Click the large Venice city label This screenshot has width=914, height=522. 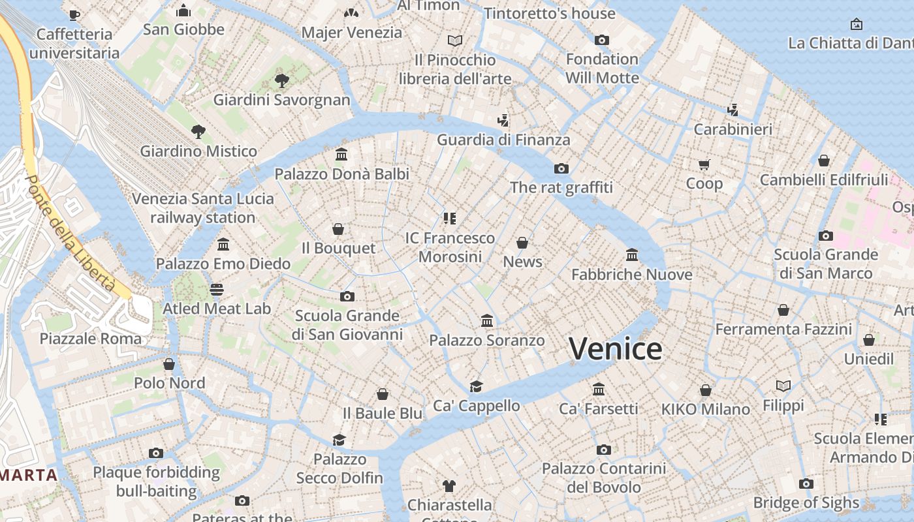[x=615, y=349]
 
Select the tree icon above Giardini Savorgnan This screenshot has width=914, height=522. [x=282, y=81]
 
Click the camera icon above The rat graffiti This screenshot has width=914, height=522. [x=561, y=169]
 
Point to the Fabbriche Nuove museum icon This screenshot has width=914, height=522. [x=632, y=255]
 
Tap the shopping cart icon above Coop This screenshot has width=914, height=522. [x=704, y=164]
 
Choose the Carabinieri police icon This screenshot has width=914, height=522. [x=733, y=110]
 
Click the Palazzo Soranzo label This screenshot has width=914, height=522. [x=486, y=341]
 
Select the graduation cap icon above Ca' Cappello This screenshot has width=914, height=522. [x=476, y=386]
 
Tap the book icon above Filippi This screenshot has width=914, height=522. [x=783, y=386]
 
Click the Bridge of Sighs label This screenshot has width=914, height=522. [x=806, y=503]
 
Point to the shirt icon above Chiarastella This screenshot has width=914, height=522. [x=449, y=485]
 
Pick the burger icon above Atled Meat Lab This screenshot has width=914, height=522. [x=217, y=289]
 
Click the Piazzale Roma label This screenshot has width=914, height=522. [x=91, y=339]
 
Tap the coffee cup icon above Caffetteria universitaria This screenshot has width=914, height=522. [x=74, y=14]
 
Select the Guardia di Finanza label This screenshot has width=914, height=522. [x=503, y=140]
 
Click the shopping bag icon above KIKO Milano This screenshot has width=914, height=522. [x=706, y=390]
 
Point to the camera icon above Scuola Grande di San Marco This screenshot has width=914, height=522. [x=826, y=236]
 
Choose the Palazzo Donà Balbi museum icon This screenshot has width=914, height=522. [x=341, y=155]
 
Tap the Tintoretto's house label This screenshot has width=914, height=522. [x=550, y=13]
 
